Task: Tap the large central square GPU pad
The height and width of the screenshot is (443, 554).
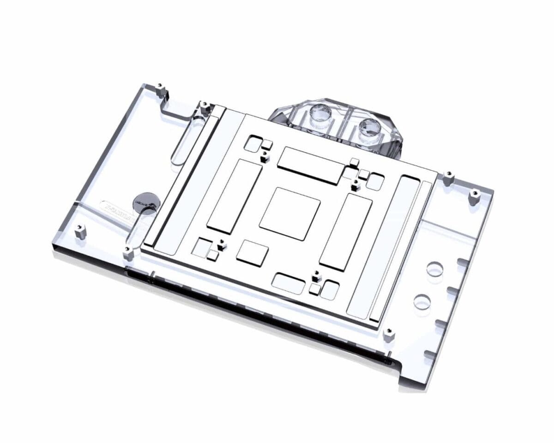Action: pyautogui.click(x=290, y=214)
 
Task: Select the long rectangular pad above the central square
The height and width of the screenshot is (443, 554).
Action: pyautogui.click(x=310, y=165)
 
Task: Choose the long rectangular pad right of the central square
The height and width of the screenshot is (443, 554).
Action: pyautogui.click(x=346, y=232)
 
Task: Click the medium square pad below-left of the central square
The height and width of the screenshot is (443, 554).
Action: pyautogui.click(x=252, y=253)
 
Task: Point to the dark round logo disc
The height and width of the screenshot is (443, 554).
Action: pyautogui.click(x=146, y=202)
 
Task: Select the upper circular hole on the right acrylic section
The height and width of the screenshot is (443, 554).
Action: pyautogui.click(x=434, y=269)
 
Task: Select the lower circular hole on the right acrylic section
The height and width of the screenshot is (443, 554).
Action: pyautogui.click(x=422, y=302)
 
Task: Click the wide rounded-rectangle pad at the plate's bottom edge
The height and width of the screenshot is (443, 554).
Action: pyautogui.click(x=289, y=283)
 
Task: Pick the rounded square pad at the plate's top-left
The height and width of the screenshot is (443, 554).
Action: pyautogui.click(x=252, y=144)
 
